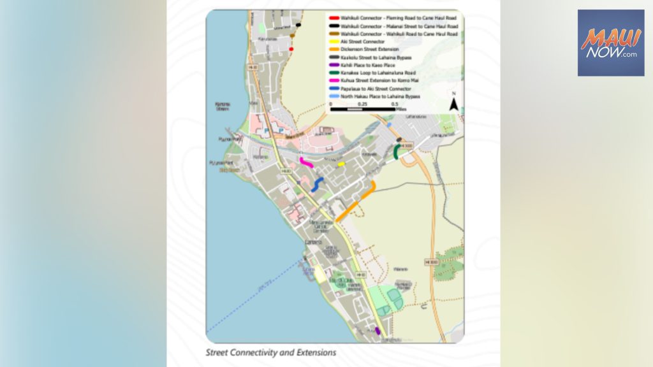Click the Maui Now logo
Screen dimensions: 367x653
(x=610, y=43)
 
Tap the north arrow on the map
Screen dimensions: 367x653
(x=453, y=103)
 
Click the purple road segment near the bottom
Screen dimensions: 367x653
(x=378, y=331)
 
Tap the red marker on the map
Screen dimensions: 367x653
(x=291, y=48)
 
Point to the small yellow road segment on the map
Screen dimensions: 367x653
(x=341, y=164)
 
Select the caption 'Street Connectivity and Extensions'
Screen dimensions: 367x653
(x=270, y=352)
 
